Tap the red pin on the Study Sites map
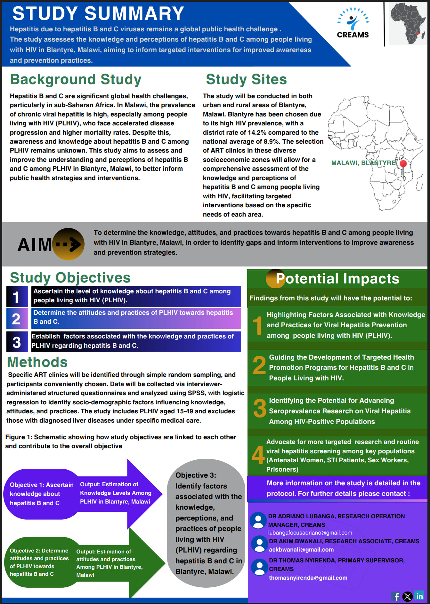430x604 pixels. pos(403,164)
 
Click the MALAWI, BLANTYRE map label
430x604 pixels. pos(363,163)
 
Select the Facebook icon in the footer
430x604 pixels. pos(396,596)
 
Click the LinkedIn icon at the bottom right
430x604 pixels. pos(419,596)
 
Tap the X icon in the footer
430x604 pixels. pos(408,596)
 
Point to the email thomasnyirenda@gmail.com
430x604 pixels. pos(308,578)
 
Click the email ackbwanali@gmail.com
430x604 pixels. pos(301,550)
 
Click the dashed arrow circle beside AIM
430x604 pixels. pos(69,244)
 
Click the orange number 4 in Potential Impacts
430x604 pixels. pos(258,455)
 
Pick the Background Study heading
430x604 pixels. pos(76,79)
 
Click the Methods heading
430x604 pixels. pos(37,362)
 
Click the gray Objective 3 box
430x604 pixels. pos(206,523)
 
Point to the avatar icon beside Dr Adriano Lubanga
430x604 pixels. pos(258,520)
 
